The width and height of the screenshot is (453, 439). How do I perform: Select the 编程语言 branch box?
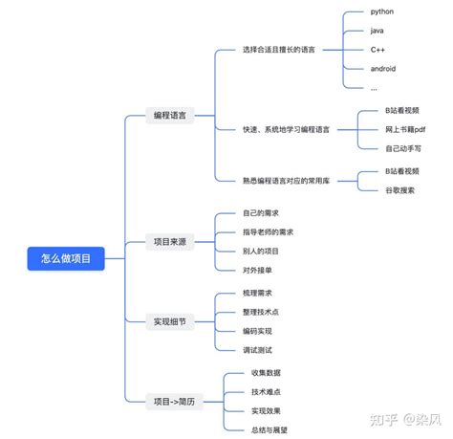pyautogui.click(x=170, y=115)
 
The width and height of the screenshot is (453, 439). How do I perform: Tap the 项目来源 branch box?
pyautogui.click(x=170, y=242)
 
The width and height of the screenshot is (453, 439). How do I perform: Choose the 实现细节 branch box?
pyautogui.click(x=170, y=321)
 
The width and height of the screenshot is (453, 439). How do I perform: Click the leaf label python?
pyautogui.click(x=382, y=11)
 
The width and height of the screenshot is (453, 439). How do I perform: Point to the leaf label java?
pyautogui.click(x=377, y=31)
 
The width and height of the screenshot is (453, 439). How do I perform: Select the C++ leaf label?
pyautogui.click(x=378, y=49)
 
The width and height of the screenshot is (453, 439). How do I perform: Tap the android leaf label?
pyautogui.click(x=382, y=68)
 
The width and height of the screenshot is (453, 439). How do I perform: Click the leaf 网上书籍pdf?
pyautogui.click(x=405, y=129)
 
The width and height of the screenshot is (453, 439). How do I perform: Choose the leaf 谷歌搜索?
pyautogui.click(x=400, y=189)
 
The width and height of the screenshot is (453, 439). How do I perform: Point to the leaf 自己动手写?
pyautogui.click(x=403, y=147)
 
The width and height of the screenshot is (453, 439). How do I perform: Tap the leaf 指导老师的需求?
pyautogui.click(x=269, y=231)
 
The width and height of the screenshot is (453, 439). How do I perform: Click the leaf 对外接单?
pyautogui.click(x=258, y=270)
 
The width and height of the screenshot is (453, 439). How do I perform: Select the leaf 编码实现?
pyautogui.click(x=258, y=331)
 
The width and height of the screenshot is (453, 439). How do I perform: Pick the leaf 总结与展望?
pyautogui.click(x=270, y=429)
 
